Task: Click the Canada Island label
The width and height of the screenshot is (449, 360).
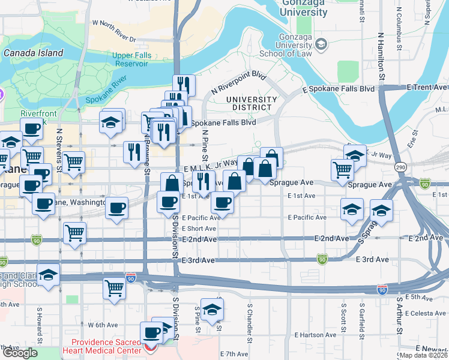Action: (34, 53)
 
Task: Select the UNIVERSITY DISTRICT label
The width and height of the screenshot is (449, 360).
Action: (252, 103)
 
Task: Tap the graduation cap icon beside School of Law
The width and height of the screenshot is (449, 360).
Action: (321, 44)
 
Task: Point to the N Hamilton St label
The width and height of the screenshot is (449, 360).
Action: (381, 54)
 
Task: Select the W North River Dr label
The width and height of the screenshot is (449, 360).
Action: (113, 31)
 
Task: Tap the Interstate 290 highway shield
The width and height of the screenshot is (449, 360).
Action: (402, 166)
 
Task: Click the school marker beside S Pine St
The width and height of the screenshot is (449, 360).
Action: (211, 310)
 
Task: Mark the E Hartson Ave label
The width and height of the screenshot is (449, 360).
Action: (315, 334)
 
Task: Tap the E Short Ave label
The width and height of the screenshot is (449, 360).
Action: (199, 229)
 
